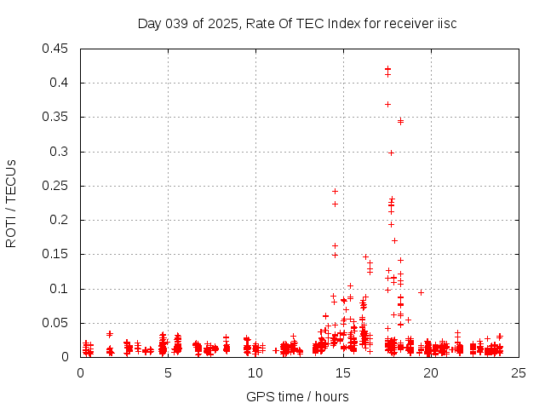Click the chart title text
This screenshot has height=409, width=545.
tap(297, 23)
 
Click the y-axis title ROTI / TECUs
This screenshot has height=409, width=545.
tap(11, 203)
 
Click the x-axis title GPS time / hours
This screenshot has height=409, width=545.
tap(297, 396)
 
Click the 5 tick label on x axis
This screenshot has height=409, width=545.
tap(168, 373)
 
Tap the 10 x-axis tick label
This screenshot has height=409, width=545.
tap(255, 373)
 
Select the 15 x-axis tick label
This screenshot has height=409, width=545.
tap(343, 373)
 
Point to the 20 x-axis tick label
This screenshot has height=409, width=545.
tap(431, 373)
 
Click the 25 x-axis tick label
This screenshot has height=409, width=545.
tap(519, 373)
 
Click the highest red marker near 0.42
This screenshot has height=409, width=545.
tap(387, 69)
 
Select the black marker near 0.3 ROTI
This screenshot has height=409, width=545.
tap(391, 153)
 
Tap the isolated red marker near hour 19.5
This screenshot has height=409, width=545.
tap(421, 292)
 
